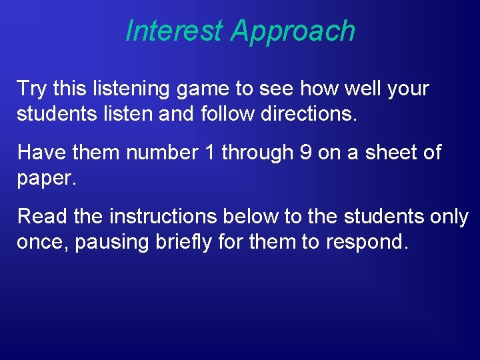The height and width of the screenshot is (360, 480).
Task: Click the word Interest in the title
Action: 175,31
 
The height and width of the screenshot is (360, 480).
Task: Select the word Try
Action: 30,89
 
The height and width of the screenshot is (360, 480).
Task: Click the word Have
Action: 39,153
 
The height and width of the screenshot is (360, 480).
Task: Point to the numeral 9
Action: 305,153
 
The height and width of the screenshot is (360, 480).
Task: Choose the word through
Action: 257,153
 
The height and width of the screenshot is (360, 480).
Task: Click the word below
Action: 240,217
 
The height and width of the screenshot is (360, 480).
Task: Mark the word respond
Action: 365,243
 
